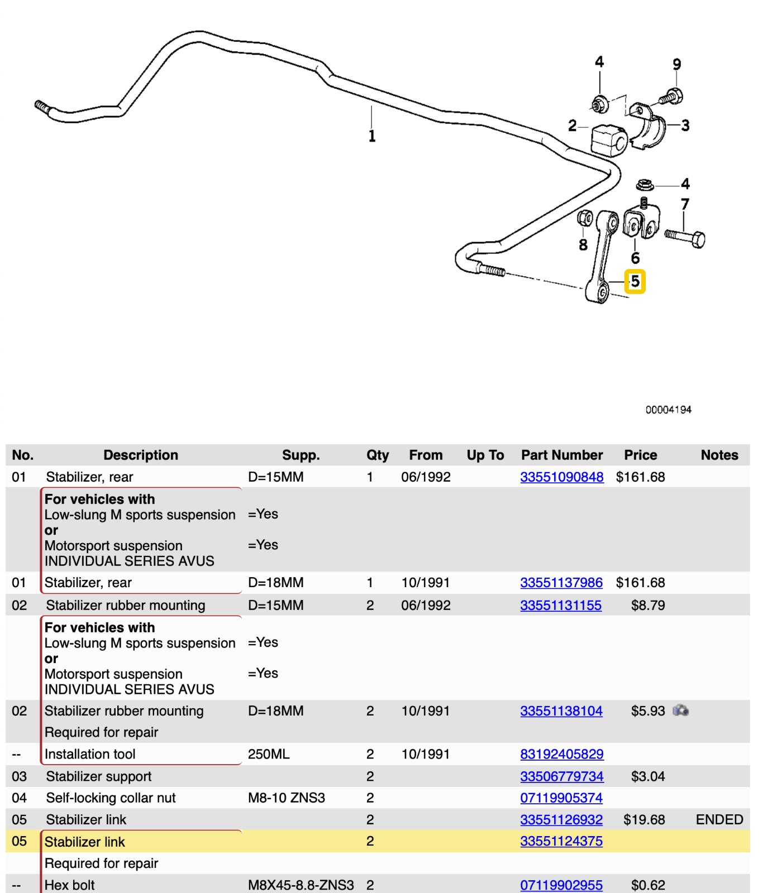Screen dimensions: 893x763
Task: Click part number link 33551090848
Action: [x=561, y=477]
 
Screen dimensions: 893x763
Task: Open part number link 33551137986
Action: [x=561, y=583]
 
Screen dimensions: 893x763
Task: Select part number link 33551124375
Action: [x=561, y=841]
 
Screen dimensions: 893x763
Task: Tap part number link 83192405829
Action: [x=561, y=754]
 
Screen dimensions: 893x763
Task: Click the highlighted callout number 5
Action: [x=635, y=281]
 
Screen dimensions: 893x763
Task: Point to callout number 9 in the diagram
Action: [x=676, y=65]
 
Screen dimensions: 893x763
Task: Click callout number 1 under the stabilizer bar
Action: [x=372, y=136]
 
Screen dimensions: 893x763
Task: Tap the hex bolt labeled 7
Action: [x=686, y=238]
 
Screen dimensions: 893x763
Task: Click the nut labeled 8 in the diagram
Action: [x=585, y=218]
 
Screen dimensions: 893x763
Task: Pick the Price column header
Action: [x=640, y=455]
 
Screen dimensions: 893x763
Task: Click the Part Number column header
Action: [x=561, y=455]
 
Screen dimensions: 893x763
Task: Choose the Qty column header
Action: [x=377, y=455]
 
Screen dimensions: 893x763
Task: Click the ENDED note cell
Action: [x=719, y=819]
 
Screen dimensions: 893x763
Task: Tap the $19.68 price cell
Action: [x=644, y=819]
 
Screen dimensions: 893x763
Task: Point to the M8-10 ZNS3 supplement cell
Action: [x=286, y=798]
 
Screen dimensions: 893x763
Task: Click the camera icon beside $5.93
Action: [x=680, y=710]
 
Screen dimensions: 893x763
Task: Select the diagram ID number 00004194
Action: [x=668, y=410]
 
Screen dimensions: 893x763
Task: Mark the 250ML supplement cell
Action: [x=269, y=754]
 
